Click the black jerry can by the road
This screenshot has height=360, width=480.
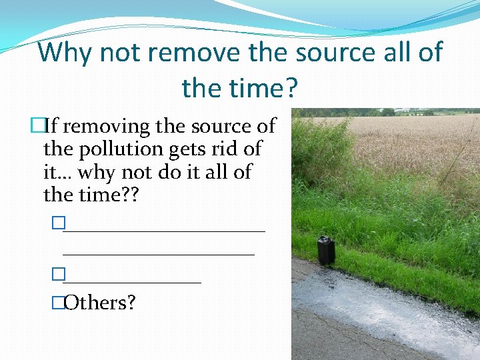326,250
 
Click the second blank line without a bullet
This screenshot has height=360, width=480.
159,253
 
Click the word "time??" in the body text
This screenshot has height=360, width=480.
108,195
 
